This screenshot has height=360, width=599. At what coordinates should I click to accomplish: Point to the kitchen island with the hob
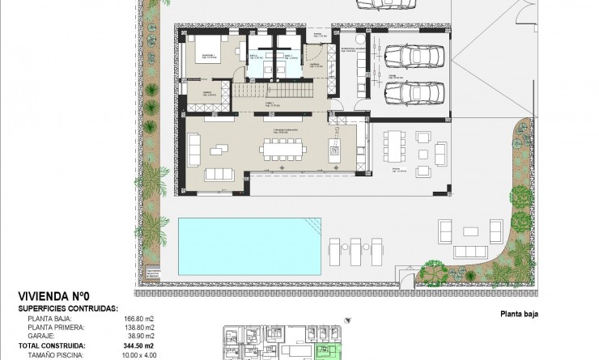click(x=333, y=149)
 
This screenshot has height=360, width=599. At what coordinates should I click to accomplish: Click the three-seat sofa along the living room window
click(x=220, y=175)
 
